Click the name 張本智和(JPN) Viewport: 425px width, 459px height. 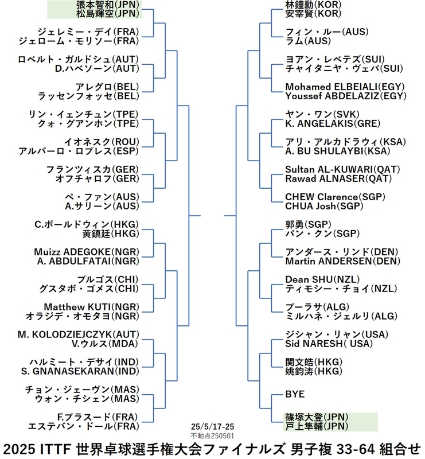pos(107,5)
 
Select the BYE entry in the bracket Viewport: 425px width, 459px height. pos(295,394)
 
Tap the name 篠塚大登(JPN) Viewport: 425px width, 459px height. pos(317,417)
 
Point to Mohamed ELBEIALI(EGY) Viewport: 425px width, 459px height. pos(345,87)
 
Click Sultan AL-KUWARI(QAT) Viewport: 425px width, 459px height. pos(342,169)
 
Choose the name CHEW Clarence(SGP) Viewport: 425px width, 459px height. pos(335,197)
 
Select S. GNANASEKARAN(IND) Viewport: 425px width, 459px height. pos(80,371)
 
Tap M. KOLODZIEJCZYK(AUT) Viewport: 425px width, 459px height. pos(78,334)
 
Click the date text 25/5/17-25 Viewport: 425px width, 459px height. pos(212,426)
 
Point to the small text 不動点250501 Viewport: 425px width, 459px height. pos(212,436)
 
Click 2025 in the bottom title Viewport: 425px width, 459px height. pos(20,449)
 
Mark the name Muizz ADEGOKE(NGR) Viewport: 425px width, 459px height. pos(87,252)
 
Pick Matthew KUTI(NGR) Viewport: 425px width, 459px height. pos(91,307)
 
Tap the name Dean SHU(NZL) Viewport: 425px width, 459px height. pos(322,279)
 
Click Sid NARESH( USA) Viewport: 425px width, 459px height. pos(329,344)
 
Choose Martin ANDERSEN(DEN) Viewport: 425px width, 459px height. pos(343,261)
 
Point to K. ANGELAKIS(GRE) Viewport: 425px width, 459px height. pos(333,123)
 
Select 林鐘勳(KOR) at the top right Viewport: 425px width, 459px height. pos(314,5)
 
